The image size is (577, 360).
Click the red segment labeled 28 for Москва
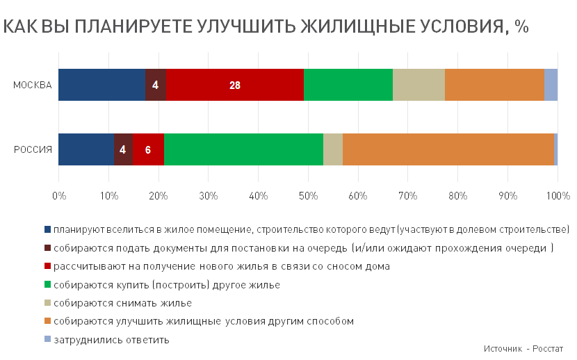tap(235, 85)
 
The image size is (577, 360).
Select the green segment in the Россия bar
tap(243, 149)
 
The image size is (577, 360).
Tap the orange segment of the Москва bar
tap(494, 85)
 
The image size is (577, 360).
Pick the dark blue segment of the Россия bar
tap(86, 149)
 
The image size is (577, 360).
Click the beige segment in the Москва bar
tap(418, 85)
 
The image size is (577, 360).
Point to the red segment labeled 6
tap(148, 149)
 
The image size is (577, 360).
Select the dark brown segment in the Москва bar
tap(156, 85)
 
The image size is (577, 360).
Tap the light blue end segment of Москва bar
tap(551, 85)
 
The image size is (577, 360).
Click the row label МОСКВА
tap(33, 85)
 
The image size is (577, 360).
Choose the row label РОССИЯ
tap(33, 149)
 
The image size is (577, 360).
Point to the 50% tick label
tap(308, 195)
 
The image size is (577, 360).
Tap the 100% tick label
tap(558, 195)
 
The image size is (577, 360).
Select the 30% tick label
tap(209, 195)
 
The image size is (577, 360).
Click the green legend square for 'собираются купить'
tap(47, 284)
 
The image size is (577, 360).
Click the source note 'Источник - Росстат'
tap(523, 349)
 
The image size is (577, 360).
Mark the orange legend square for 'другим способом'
tap(47, 320)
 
